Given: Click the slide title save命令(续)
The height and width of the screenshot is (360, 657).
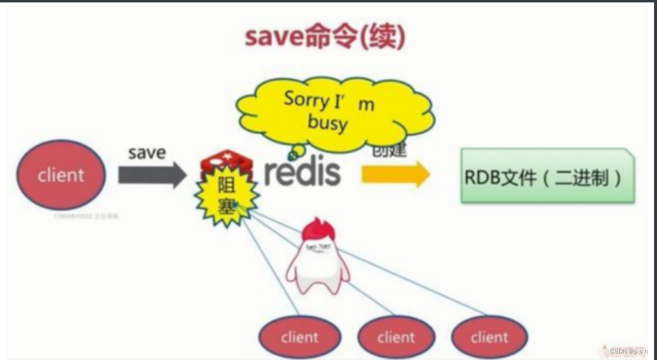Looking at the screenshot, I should (x=325, y=37).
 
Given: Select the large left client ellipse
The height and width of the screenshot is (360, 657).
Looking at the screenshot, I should (x=62, y=174).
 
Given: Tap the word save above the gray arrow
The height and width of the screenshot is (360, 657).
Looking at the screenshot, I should (x=147, y=152).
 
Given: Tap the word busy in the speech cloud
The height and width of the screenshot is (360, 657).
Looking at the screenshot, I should (x=327, y=124).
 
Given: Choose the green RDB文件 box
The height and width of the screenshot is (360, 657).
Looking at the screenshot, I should (x=547, y=177).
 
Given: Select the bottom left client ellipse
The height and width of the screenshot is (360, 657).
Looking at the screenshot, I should (x=299, y=337).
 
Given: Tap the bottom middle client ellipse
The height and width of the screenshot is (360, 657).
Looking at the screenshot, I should (x=396, y=337).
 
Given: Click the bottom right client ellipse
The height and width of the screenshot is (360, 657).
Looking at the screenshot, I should (x=489, y=337).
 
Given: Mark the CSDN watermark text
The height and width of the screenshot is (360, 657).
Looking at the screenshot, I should (x=630, y=351).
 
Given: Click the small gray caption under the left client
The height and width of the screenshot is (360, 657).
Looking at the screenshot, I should (x=87, y=216).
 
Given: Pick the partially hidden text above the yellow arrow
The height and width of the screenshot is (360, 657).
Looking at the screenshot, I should (x=390, y=151).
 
